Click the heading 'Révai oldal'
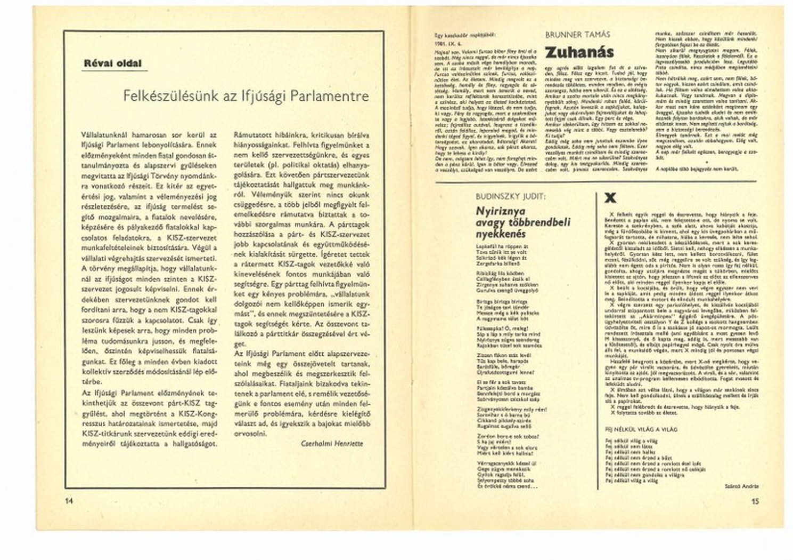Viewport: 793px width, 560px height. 112,63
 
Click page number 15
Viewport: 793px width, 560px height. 755,501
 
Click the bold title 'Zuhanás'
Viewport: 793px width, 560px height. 579,52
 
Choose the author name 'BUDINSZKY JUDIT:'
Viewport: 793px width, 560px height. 510,196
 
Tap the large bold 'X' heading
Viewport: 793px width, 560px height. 611,198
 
